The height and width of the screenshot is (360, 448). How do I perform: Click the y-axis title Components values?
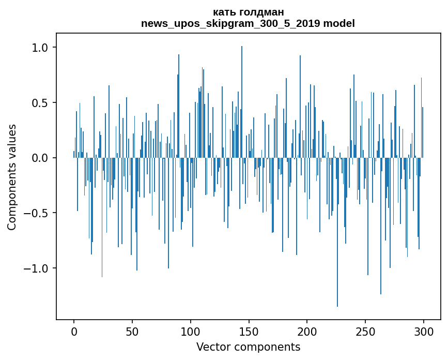pyautogui.click(x=12, y=177)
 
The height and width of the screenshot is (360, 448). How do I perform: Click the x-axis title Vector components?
pyautogui.click(x=248, y=347)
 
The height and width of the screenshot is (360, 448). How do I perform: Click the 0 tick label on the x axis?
pyautogui.click(x=74, y=331)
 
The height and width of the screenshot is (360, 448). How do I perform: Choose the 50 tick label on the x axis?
pyautogui.click(x=132, y=331)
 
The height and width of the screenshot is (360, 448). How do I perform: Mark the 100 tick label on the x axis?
pyautogui.click(x=191, y=331)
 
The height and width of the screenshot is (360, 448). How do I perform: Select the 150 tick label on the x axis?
pyautogui.click(x=249, y=331)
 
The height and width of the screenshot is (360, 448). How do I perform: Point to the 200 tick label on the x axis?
pyautogui.click(x=307, y=331)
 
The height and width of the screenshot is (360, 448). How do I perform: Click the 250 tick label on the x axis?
pyautogui.click(x=365, y=331)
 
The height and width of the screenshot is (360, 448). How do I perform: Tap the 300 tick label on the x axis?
pyautogui.click(x=424, y=331)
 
